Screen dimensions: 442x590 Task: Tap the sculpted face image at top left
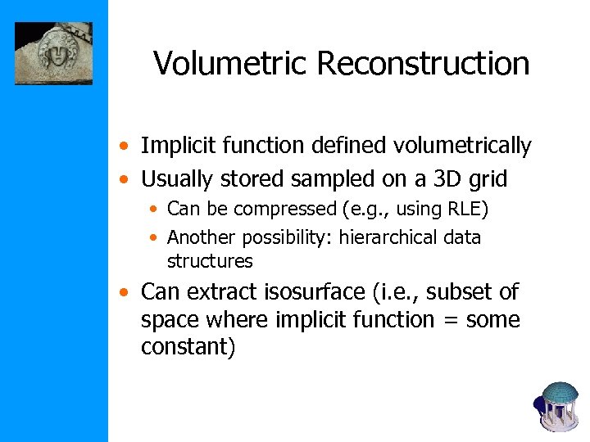click(x=53, y=53)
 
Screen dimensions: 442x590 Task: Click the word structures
click(x=210, y=261)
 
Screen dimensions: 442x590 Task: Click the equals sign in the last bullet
click(x=448, y=320)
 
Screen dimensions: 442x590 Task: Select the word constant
click(x=185, y=347)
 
